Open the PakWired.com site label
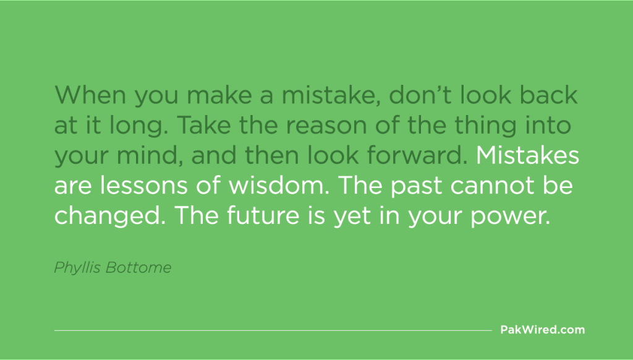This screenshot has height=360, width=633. coord(542,330)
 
